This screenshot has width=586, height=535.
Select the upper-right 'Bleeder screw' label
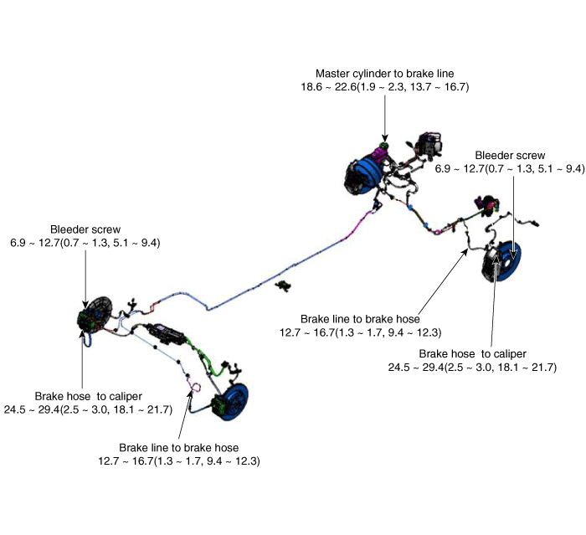click(510, 155)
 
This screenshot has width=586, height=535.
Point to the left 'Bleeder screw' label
click(85, 229)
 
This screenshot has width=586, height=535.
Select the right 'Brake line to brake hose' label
click(360, 318)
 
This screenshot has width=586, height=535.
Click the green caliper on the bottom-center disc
click(220, 406)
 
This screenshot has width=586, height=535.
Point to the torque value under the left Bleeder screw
click(85, 242)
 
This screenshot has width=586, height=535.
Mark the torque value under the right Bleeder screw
click(510, 168)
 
